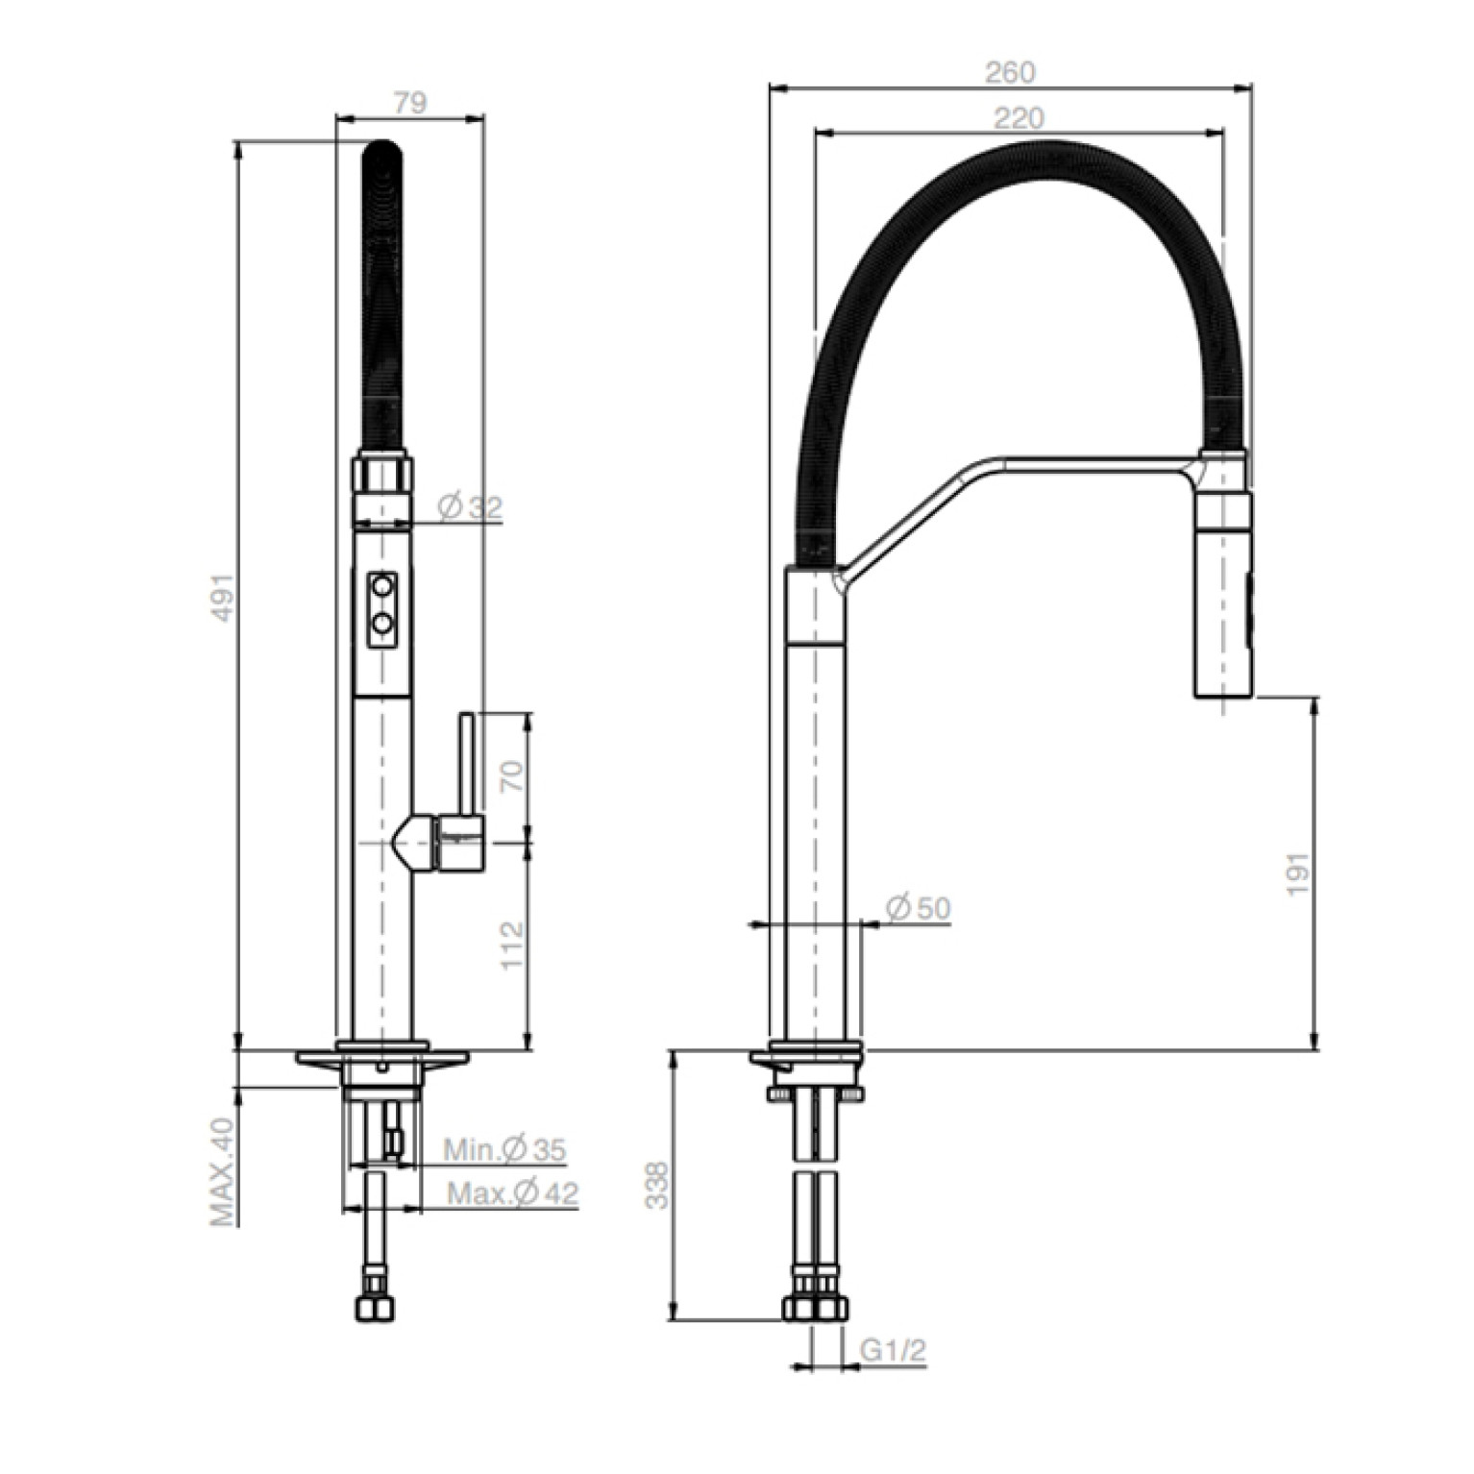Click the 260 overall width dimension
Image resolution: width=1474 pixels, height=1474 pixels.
coord(1010,72)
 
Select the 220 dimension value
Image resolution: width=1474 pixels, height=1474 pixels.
coord(1018,117)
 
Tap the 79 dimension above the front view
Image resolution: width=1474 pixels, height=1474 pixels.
coord(409,103)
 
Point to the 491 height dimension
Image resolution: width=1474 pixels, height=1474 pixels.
coord(222,597)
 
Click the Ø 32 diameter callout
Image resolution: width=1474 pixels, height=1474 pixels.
coord(470,506)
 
